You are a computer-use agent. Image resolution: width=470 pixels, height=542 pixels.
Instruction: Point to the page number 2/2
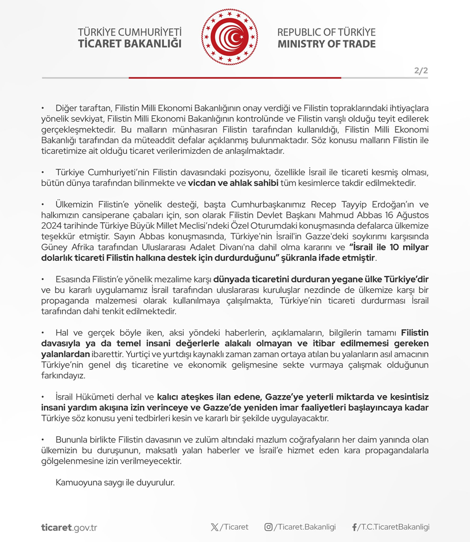[x=421, y=70]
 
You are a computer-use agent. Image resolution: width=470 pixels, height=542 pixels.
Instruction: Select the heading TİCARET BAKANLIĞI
[x=129, y=44]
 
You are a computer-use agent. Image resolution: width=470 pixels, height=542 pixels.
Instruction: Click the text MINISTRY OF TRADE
[x=326, y=44]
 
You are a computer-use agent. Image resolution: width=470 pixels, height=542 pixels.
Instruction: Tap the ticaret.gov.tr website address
[x=69, y=527]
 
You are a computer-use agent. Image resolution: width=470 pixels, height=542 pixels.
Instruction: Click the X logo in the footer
[x=214, y=527]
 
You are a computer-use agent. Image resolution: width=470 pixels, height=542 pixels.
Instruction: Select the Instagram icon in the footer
[x=268, y=527]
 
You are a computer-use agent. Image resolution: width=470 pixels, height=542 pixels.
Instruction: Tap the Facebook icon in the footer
[x=354, y=527]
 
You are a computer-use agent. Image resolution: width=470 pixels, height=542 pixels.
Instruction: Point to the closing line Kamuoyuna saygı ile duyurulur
[x=115, y=483]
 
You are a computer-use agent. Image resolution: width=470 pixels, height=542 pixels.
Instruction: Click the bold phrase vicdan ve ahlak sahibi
[x=233, y=183]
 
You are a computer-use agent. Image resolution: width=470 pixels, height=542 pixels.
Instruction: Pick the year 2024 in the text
[x=51, y=226]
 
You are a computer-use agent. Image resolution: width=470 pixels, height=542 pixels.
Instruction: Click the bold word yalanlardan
[x=65, y=354]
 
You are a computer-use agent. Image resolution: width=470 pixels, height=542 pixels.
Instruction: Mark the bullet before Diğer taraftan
[x=43, y=108]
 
